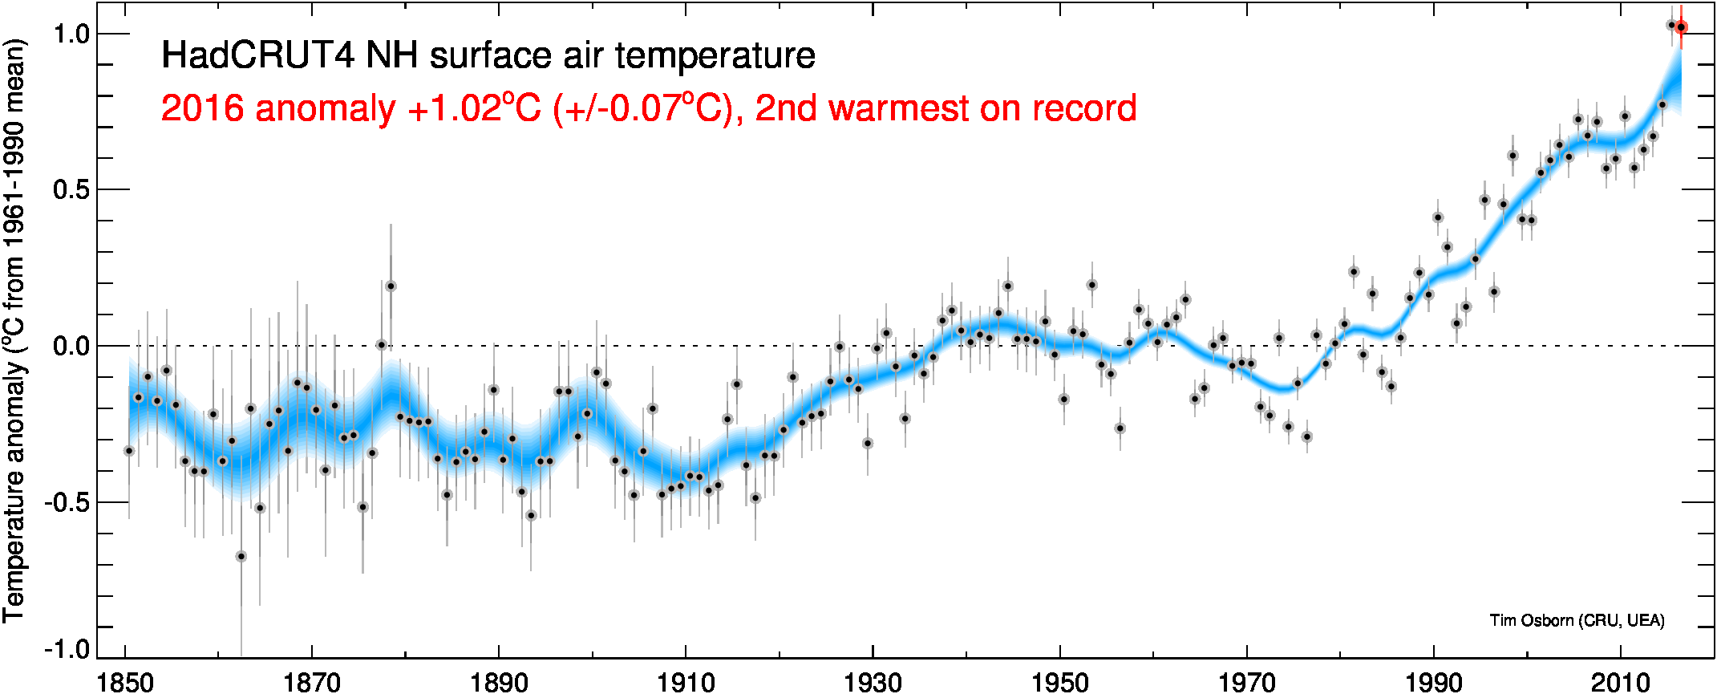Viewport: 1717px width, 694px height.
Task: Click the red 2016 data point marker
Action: click(1681, 27)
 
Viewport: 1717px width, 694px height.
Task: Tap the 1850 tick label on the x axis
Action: click(125, 682)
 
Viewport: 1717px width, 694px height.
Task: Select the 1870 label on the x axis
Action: click(312, 682)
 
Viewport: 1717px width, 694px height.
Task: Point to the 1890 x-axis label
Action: click(499, 682)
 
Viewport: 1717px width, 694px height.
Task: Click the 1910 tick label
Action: click(686, 682)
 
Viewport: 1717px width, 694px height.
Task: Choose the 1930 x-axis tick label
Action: click(873, 682)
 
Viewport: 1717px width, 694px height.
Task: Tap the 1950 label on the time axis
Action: click(1060, 682)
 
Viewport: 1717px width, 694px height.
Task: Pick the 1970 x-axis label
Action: click(1247, 682)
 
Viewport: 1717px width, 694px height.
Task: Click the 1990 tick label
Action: click(1434, 682)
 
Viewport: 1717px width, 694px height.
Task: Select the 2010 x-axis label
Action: click(1621, 682)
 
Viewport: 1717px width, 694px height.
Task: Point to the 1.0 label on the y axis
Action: click(70, 34)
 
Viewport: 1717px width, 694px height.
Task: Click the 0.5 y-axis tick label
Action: click(70, 189)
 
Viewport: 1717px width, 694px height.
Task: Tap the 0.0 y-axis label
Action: click(70, 346)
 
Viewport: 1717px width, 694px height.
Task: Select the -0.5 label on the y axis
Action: click(66, 502)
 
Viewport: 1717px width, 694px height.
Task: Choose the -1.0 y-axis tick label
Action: click(66, 648)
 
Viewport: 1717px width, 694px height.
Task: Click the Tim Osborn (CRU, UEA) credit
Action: click(1577, 620)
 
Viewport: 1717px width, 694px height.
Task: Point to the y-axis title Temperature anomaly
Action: click(14, 330)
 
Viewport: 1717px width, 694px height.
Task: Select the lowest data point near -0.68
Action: click(241, 556)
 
